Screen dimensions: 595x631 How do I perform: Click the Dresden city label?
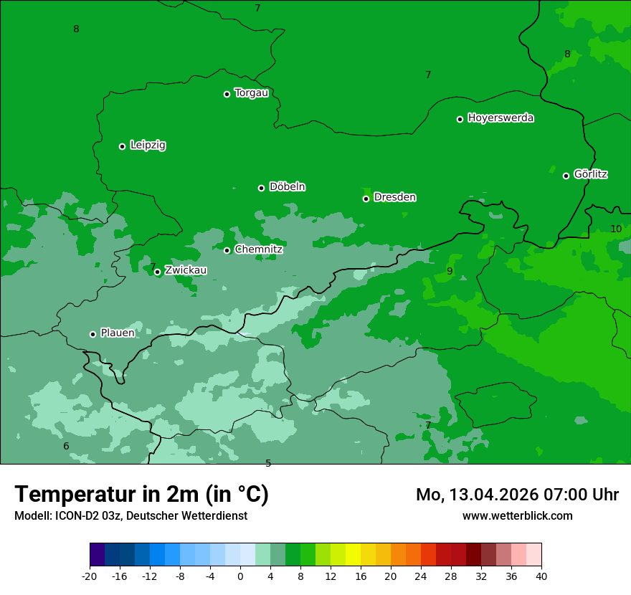[x=395, y=197]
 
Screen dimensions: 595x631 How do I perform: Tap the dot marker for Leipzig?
[x=122, y=146]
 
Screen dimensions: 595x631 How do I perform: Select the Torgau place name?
[x=252, y=93]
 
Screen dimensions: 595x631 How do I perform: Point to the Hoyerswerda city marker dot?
[x=460, y=119]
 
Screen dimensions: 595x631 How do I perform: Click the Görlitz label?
[x=591, y=174]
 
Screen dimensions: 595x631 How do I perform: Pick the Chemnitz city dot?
[x=227, y=250]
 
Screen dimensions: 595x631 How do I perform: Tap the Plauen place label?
[x=118, y=333]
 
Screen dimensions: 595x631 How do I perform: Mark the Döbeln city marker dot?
[x=261, y=188]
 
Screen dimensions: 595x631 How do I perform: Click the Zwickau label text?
[x=186, y=270]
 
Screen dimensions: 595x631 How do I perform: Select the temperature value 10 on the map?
[x=616, y=229]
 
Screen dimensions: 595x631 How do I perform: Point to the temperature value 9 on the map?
[x=450, y=271]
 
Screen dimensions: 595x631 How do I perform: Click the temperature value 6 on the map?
[x=66, y=447]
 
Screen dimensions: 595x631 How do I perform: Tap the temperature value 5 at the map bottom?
[x=268, y=463]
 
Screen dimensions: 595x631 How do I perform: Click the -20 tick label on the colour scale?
[x=90, y=576]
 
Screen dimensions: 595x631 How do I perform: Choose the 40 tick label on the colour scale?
[x=541, y=576]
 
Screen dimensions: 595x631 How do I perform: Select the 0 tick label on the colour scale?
[x=240, y=576]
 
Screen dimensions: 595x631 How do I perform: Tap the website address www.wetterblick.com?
[x=517, y=516]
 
